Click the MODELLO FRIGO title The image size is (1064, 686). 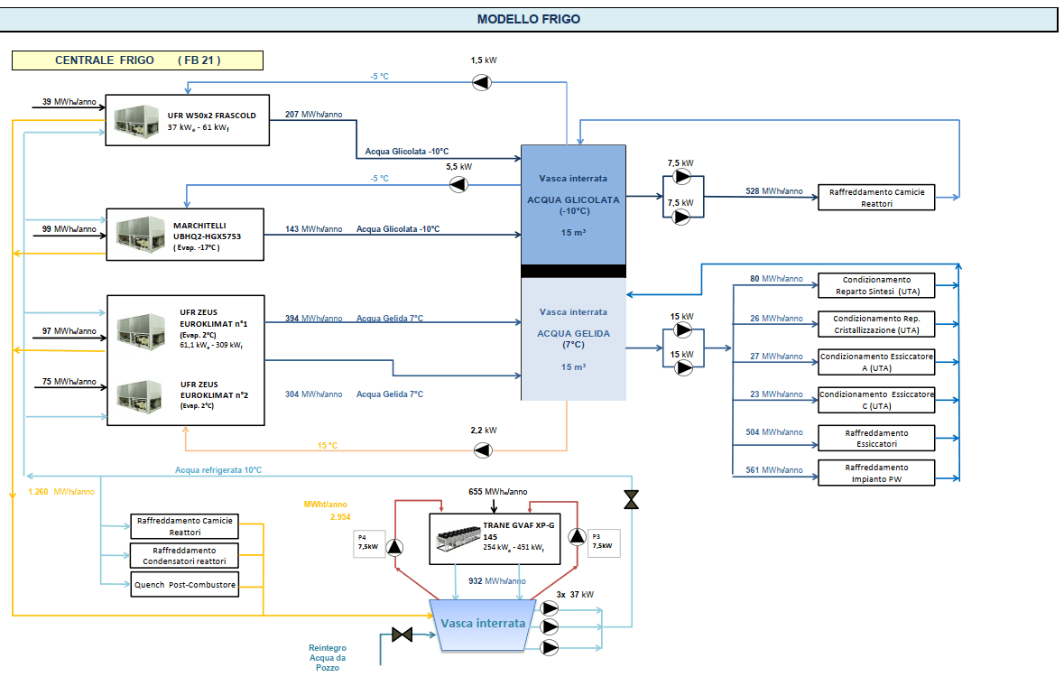click(x=529, y=19)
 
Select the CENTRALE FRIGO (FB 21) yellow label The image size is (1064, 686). click(x=137, y=60)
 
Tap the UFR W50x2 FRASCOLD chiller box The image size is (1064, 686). click(x=188, y=120)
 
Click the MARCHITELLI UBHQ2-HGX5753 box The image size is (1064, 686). click(x=186, y=236)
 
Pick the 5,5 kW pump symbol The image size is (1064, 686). click(x=459, y=185)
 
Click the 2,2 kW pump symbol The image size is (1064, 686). click(x=484, y=450)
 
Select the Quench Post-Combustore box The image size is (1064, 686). click(x=185, y=585)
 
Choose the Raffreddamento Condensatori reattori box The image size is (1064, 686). click(x=185, y=555)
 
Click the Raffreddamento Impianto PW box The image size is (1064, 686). click(x=875, y=473)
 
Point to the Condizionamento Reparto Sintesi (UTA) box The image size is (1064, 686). click(x=875, y=285)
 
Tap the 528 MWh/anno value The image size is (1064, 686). click(x=773, y=191)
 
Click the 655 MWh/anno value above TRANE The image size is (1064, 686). click(x=498, y=492)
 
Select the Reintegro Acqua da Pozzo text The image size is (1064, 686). click(x=328, y=657)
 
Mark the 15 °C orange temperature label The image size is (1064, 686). click(x=328, y=446)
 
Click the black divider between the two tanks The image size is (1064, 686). click(x=573, y=271)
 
